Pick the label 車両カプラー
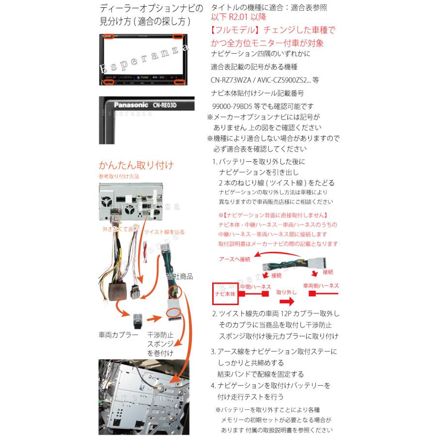(x=119, y=335)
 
